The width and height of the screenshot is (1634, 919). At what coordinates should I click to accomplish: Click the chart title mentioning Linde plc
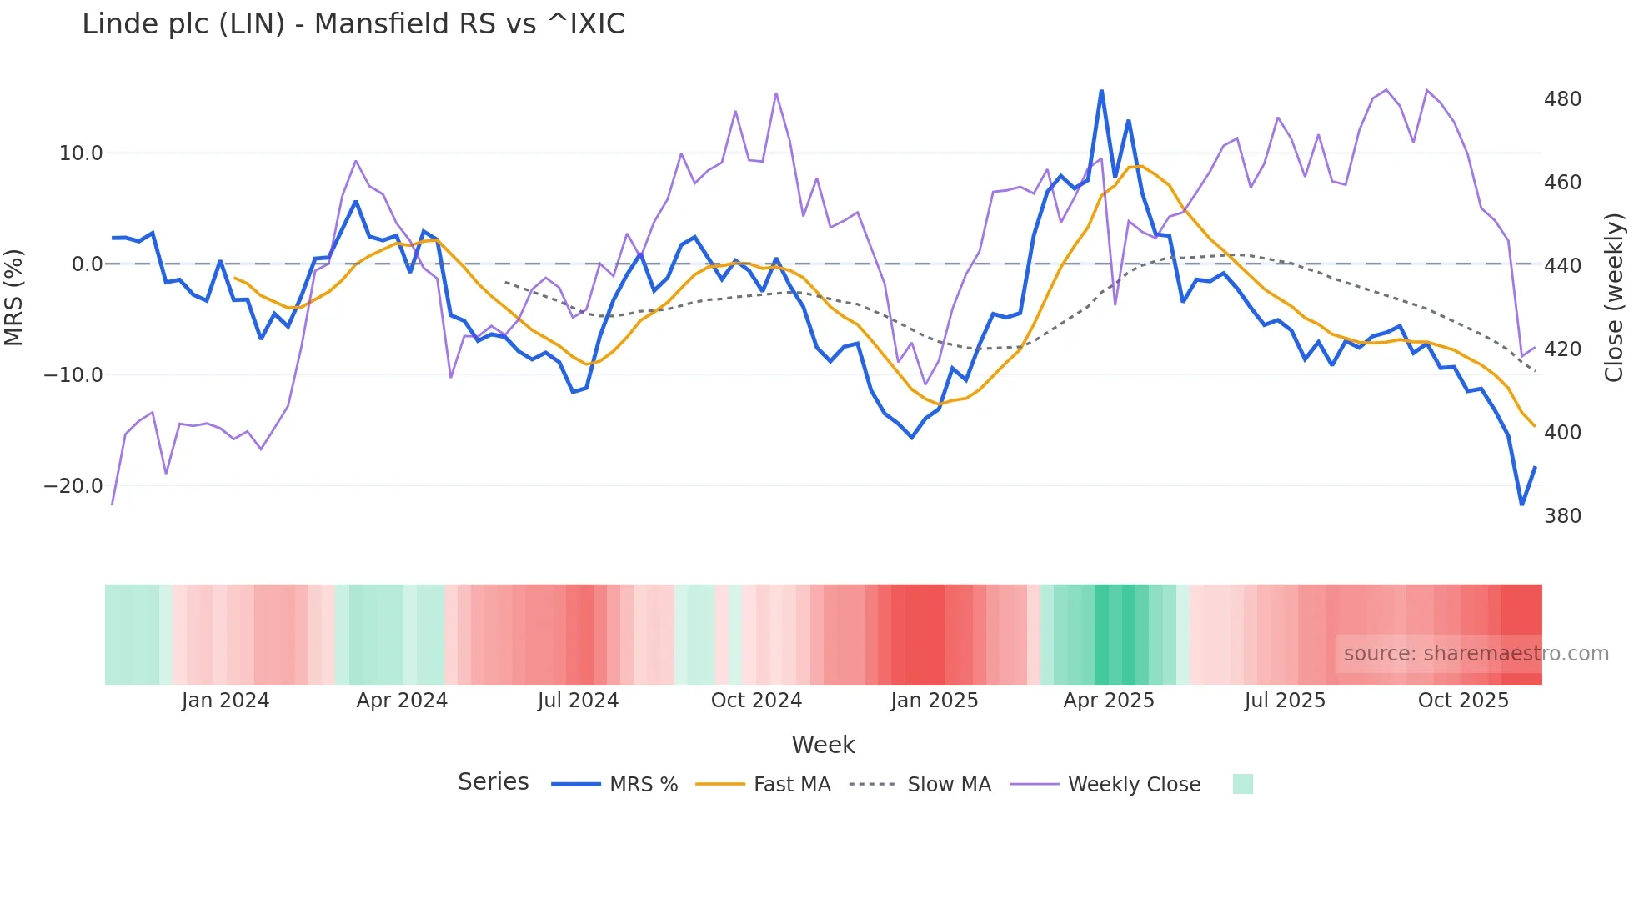353,24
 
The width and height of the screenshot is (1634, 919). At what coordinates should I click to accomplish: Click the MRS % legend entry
643,785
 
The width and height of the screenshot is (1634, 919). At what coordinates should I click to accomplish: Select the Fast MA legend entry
791,785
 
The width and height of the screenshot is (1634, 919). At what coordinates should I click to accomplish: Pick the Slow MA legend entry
949,785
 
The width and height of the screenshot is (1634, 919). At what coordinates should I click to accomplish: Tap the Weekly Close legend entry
1134,785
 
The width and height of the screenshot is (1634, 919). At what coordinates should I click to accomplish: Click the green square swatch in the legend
1242,784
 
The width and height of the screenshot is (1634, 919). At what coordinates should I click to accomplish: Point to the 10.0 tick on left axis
81,153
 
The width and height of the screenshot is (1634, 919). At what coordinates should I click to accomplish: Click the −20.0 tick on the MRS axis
73,486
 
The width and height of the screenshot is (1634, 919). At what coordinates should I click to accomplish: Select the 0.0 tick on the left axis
87,264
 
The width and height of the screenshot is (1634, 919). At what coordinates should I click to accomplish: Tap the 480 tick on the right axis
1562,99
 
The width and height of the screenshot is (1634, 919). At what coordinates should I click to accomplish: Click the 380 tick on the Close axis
1562,516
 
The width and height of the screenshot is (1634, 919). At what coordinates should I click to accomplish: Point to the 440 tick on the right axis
1562,266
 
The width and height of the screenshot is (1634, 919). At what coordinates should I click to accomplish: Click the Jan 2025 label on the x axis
934,701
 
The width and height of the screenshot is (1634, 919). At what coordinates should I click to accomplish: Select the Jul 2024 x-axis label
578,701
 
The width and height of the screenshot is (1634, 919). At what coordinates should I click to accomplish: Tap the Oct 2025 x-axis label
1463,701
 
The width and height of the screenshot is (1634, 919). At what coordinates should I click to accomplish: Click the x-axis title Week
823,745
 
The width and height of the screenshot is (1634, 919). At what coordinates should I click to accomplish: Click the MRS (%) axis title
14,297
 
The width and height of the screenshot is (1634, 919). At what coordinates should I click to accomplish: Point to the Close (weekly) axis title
1614,297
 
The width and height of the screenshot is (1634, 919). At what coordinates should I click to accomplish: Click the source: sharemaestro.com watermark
1476,654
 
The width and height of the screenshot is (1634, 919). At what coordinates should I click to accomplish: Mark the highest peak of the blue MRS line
1101,90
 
